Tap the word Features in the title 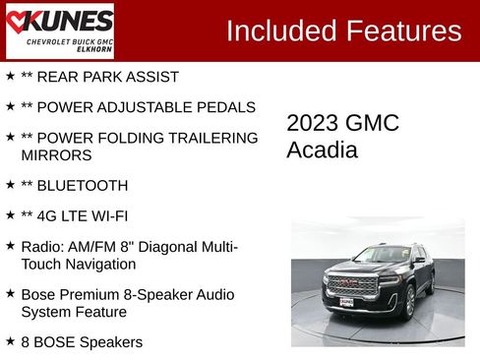click(x=402, y=30)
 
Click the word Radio click(x=41, y=245)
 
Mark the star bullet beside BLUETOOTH click(x=10, y=184)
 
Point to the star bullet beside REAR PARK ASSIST click(x=10, y=76)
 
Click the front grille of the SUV click(x=352, y=284)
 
